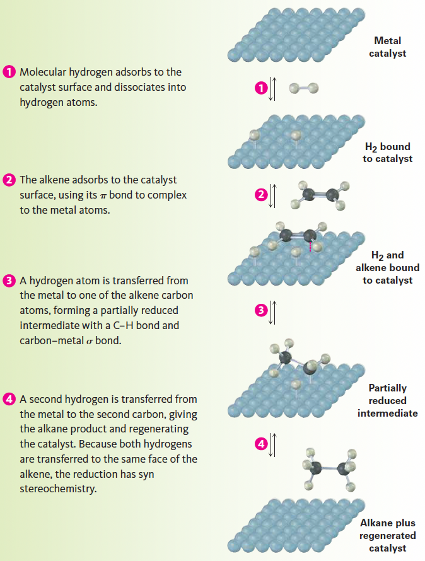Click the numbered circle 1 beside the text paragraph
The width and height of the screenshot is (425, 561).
[10, 72]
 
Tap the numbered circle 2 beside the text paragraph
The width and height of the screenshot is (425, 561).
[10, 180]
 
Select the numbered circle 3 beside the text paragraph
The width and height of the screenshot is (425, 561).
[10, 280]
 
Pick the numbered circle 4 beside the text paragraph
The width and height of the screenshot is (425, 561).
[10, 399]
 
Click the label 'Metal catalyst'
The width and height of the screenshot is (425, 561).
[387, 47]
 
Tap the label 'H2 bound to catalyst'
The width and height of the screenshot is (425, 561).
[387, 153]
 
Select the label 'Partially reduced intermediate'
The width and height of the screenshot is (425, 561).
[387, 400]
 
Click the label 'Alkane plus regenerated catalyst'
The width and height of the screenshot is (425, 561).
[387, 536]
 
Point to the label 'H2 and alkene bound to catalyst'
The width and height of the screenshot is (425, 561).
[387, 267]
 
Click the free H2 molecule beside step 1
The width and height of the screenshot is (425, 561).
[303, 88]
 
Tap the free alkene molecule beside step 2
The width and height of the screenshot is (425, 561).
[318, 195]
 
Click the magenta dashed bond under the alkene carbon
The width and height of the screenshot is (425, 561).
[310, 245]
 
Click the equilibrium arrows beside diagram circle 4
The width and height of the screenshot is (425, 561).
[273, 444]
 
